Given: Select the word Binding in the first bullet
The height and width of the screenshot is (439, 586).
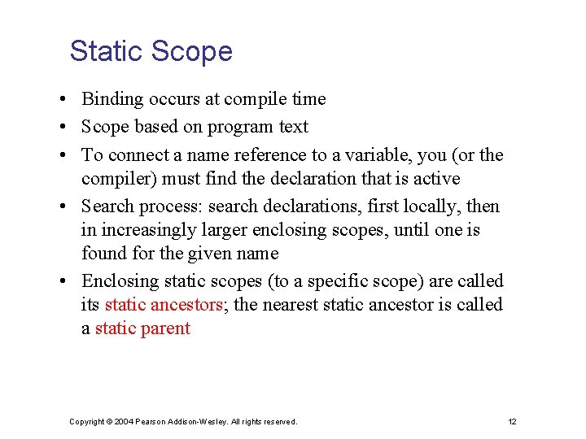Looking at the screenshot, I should coord(111,99).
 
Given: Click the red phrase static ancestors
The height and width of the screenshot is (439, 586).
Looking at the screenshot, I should coord(164,305).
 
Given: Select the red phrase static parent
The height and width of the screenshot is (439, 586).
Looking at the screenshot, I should coord(142,328).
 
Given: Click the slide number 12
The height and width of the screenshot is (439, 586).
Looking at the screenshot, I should coord(512,421).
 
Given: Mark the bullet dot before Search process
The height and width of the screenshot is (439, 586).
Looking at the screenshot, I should coord(62,207).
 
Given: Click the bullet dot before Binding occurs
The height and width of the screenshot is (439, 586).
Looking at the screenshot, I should coord(62,100).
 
